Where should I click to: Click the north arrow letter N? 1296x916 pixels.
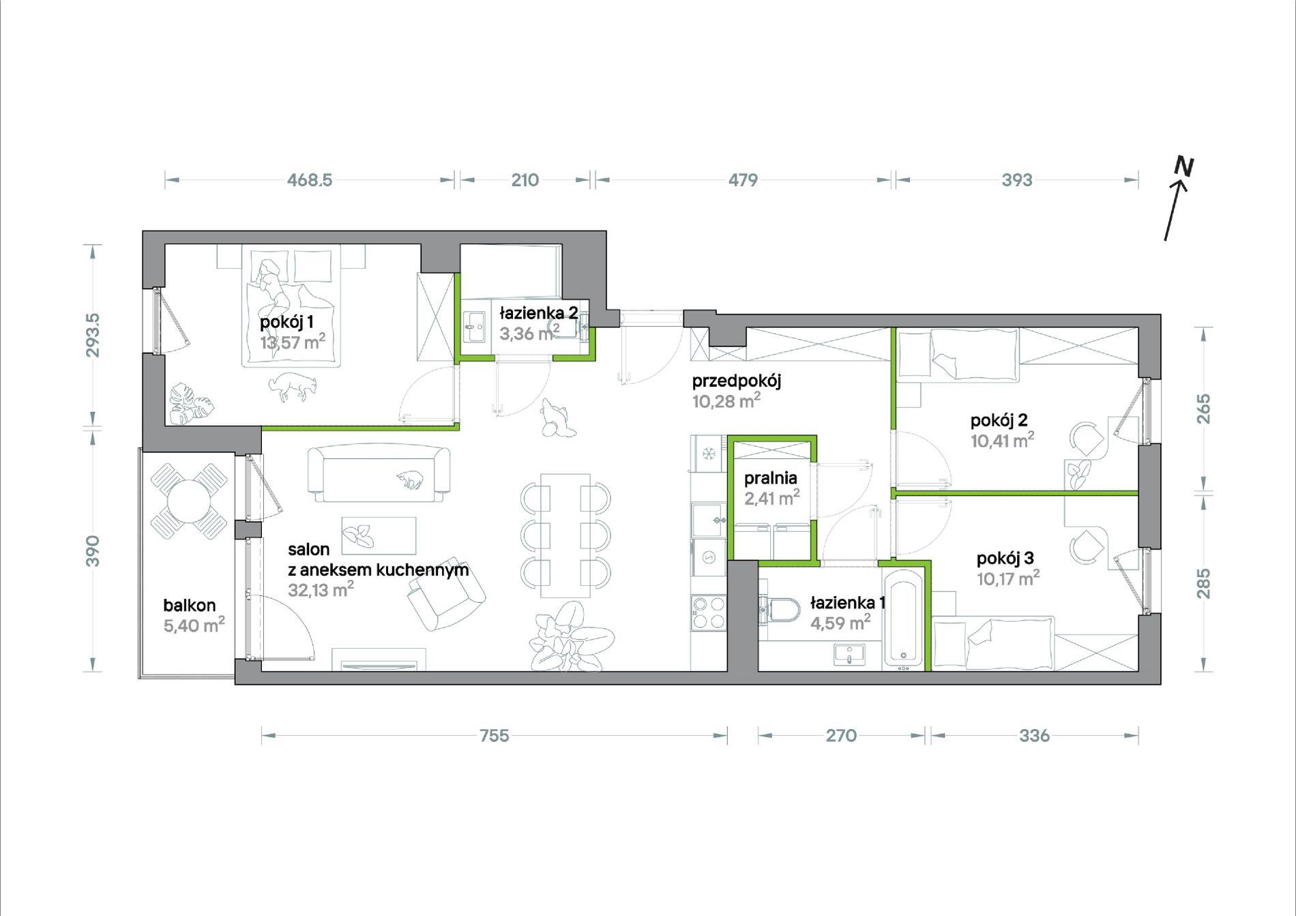click(x=1184, y=167)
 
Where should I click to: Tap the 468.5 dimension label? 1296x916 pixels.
click(x=310, y=180)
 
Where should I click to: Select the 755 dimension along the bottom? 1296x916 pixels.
click(x=494, y=735)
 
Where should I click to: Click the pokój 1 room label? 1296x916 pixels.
click(x=286, y=321)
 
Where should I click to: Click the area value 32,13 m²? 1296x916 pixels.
click(x=321, y=589)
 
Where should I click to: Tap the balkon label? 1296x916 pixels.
click(x=190, y=605)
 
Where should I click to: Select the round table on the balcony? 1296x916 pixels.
click(x=189, y=501)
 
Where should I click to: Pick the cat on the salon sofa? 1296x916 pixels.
click(x=410, y=480)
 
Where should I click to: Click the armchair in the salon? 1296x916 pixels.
click(x=446, y=600)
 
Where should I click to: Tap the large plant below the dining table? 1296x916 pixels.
click(x=571, y=638)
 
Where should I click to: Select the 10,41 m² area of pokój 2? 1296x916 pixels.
click(x=1002, y=441)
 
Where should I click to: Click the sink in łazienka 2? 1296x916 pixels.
click(x=474, y=327)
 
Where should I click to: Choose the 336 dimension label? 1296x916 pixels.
click(x=1034, y=735)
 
